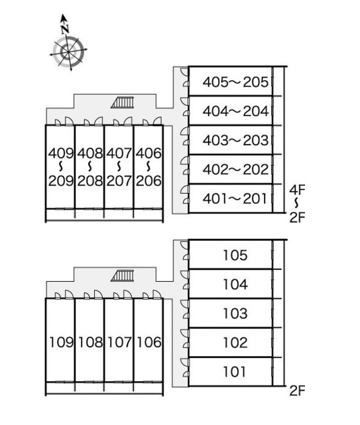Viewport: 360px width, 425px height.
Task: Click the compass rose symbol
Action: pos(68,52)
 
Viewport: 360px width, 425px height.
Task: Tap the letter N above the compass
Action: pos(65,29)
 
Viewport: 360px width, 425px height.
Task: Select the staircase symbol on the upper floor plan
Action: pos(123,103)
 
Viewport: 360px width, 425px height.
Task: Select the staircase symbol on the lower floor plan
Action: pos(123,276)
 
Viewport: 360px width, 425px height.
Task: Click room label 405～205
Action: pos(235,82)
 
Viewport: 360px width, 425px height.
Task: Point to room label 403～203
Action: pos(235,140)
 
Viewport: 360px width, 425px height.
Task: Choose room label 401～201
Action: pos(235,199)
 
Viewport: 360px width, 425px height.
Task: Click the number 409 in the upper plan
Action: pos(61,153)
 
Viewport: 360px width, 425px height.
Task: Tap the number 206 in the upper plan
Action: pos(149,180)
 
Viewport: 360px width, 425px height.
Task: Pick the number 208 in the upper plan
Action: pos(90,180)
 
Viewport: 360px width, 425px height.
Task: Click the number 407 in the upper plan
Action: pos(119,153)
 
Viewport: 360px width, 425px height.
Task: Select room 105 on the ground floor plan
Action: pos(235,255)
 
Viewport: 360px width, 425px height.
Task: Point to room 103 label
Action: pos(235,314)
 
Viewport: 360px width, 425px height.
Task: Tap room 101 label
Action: pos(235,371)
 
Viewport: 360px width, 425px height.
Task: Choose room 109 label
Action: pos(61,342)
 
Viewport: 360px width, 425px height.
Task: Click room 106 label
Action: pos(149,342)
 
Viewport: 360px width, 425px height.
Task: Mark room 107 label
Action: pos(119,342)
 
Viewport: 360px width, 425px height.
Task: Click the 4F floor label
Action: pos(297,190)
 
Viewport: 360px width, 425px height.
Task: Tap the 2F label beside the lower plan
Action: pos(298,391)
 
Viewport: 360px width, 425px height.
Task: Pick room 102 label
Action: pos(235,343)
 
